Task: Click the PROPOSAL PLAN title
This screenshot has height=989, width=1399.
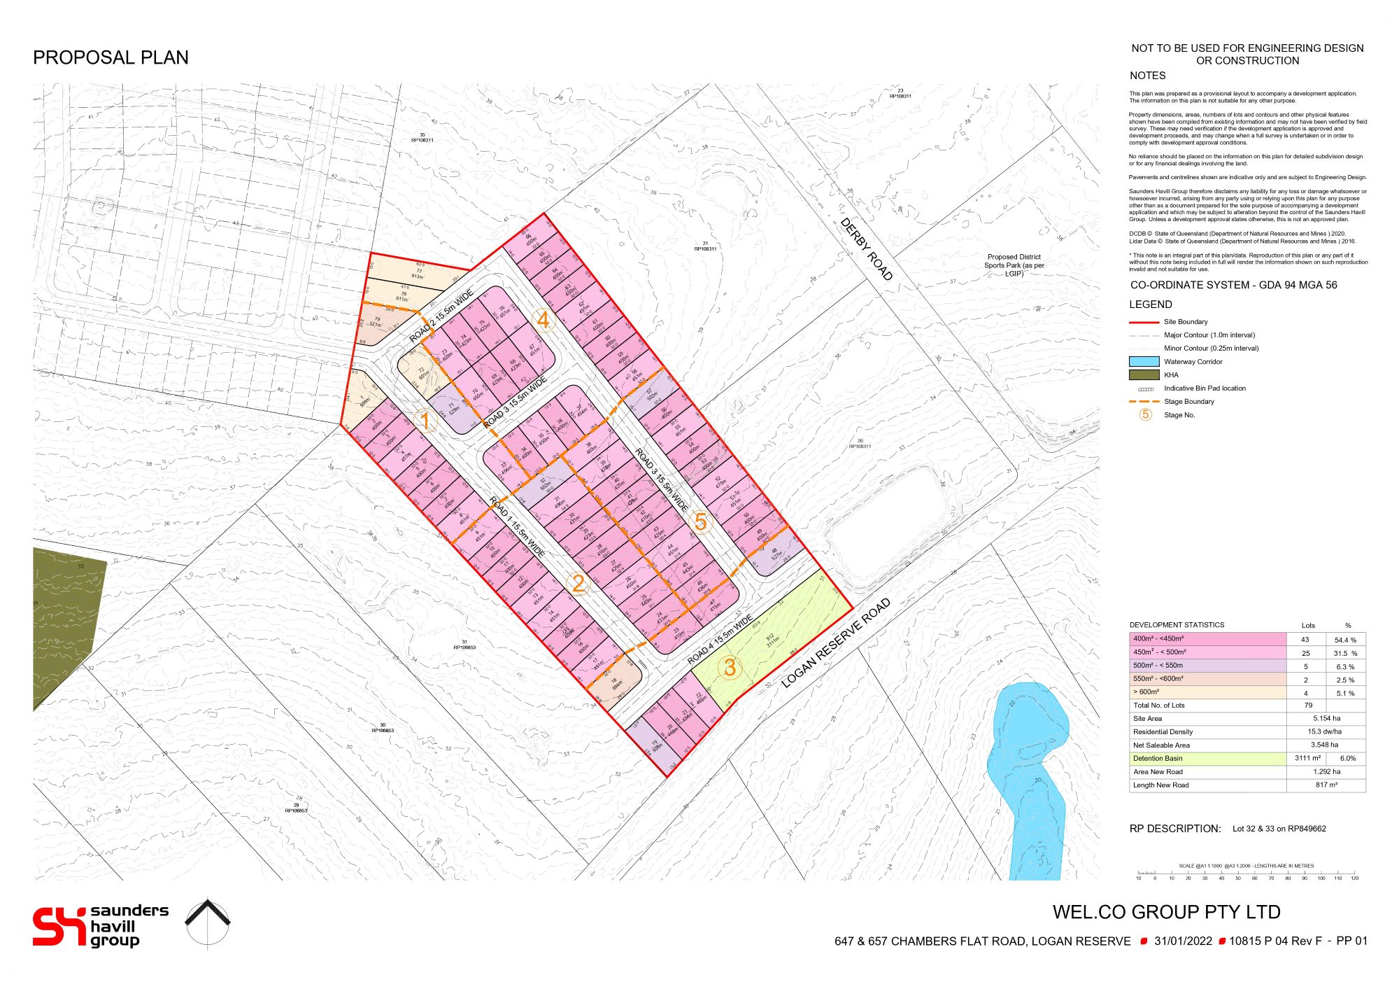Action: click(111, 57)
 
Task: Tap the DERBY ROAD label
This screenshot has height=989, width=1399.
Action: click(867, 249)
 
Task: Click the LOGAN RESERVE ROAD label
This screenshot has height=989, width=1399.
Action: click(836, 643)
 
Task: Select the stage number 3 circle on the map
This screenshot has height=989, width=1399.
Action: click(730, 667)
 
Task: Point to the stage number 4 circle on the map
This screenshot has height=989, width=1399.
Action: click(543, 320)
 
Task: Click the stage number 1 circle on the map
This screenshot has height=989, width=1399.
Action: click(425, 421)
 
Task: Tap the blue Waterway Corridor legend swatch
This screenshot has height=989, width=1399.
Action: click(1144, 362)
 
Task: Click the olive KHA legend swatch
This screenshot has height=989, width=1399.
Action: click(1144, 375)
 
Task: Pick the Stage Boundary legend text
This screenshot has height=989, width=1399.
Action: click(1188, 402)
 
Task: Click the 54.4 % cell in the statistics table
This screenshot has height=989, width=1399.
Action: click(1344, 640)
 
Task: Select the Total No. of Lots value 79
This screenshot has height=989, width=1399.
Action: click(1307, 706)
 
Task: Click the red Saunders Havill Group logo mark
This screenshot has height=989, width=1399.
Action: click(59, 926)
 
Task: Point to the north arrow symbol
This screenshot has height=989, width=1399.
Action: click(208, 923)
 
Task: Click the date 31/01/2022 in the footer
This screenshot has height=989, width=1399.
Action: click(1183, 941)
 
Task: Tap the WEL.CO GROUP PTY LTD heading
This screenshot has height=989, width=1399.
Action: click(1166, 912)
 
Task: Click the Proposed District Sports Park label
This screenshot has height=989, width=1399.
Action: click(1014, 265)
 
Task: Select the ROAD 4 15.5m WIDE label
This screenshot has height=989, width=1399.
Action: click(720, 640)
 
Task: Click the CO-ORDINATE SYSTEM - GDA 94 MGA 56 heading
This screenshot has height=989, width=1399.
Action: click(1233, 286)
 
